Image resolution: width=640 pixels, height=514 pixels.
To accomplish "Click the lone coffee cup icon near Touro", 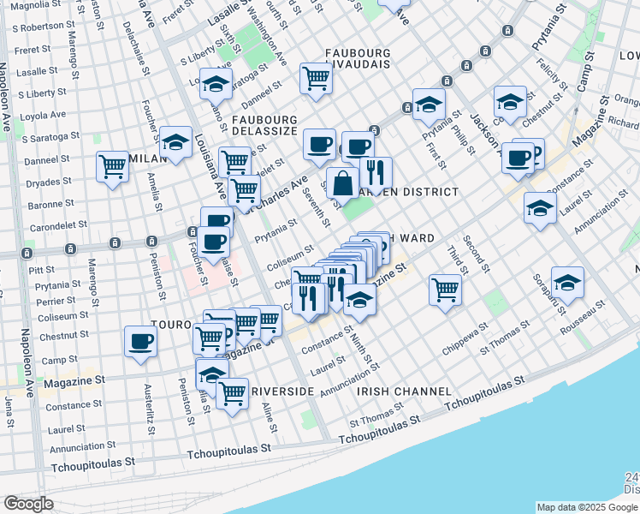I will [140, 341].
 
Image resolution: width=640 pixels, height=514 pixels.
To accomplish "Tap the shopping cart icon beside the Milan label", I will [113, 166].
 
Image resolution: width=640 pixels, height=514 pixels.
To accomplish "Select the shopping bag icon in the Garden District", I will [342, 183].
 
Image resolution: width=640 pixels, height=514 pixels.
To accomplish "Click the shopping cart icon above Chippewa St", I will [445, 290].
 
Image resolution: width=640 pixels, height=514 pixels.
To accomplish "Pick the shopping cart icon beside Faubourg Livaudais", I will [317, 79].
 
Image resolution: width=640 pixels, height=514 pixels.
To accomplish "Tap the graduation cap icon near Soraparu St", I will [567, 281].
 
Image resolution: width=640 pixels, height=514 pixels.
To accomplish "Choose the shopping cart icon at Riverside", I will [232, 393].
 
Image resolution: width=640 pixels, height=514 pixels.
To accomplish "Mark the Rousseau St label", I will [584, 316].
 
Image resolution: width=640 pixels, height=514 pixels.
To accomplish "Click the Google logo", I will [28, 504].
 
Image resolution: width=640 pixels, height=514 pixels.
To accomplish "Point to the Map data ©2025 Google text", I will [587, 507].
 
